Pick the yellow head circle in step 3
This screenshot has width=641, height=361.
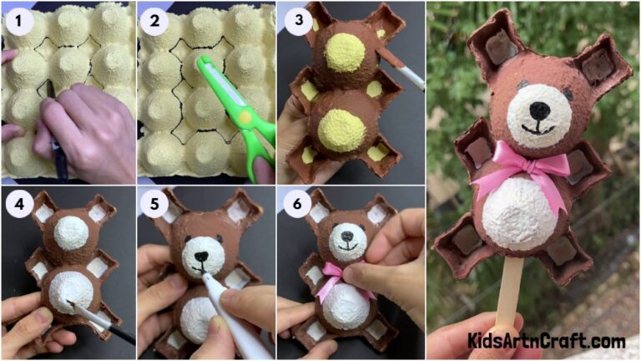click(344, 53)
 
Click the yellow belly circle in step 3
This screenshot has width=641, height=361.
click(341, 130)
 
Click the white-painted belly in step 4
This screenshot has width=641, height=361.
click(70, 288)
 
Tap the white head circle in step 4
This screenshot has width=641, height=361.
click(72, 232)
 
